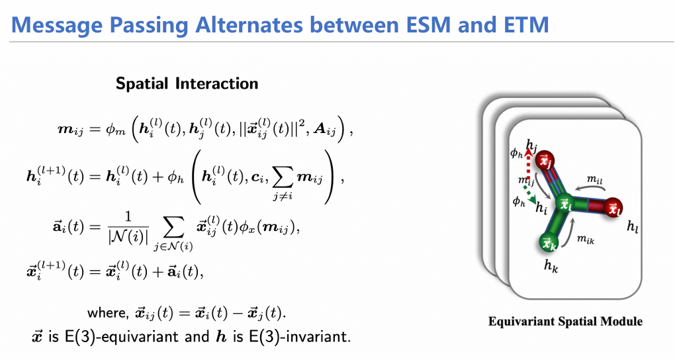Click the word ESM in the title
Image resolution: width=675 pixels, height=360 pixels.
422,24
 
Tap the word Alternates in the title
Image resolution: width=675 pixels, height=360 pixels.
249,24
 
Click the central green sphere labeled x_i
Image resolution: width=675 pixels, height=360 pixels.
565,204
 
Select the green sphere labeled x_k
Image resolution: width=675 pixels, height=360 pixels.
549,242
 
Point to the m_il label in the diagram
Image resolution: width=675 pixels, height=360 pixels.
594,179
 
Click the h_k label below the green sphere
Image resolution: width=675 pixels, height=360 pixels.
551,265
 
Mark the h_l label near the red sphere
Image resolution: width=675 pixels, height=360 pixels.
633,226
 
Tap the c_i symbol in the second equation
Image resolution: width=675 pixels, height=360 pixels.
257,177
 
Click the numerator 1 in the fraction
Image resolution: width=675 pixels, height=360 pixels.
128,216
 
